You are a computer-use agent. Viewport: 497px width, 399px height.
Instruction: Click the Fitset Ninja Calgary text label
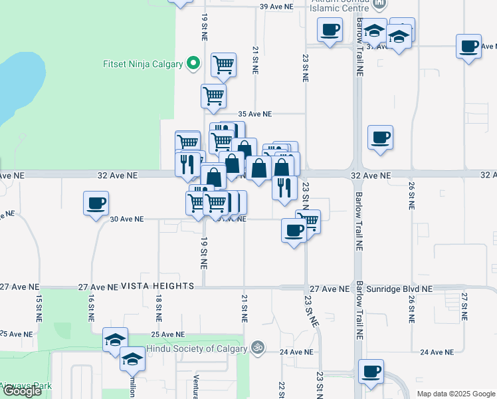pos(142,65)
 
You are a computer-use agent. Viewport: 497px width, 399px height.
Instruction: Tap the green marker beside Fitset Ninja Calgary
pos(193,65)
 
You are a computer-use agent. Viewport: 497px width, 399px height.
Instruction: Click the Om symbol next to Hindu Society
pos(254,347)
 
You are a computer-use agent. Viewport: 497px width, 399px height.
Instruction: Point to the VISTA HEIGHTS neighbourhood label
pos(157,285)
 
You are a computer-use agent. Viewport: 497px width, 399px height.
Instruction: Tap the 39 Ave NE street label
pos(276,7)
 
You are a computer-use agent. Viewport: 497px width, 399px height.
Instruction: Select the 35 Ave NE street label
pos(255,114)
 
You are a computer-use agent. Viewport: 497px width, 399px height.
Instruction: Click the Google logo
pos(22,391)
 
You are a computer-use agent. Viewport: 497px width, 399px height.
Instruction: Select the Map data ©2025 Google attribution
pos(455,394)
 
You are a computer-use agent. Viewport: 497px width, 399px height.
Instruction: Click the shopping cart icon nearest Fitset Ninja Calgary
pos(223,65)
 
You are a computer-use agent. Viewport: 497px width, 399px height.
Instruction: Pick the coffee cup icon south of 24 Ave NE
pos(370,370)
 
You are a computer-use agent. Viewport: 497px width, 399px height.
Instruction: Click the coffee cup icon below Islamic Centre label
pos(330,29)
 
